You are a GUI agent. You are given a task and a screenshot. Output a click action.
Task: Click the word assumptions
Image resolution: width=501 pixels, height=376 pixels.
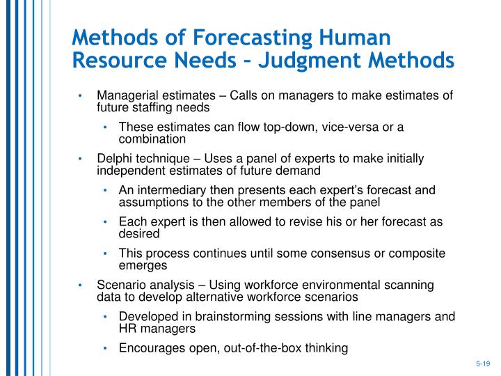tap(153, 202)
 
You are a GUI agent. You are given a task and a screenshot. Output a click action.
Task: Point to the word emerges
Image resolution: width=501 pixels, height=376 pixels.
tap(143, 265)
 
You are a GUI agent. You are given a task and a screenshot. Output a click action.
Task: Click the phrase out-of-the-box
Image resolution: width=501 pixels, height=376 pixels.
tap(269, 347)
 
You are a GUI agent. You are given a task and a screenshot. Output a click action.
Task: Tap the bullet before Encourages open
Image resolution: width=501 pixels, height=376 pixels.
tap(105, 348)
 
